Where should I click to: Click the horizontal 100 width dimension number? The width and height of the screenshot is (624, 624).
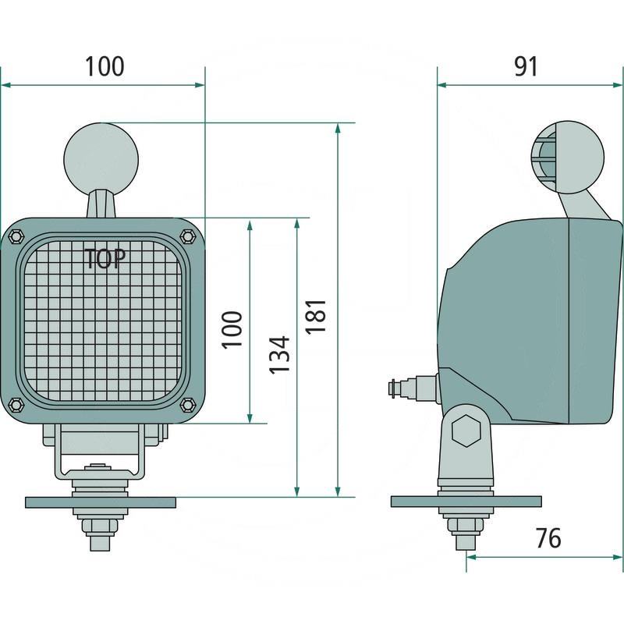[x=105, y=66]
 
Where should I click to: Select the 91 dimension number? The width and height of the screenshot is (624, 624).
[x=526, y=66]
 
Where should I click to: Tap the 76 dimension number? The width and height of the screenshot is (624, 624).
[x=548, y=538]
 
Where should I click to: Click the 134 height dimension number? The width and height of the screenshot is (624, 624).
[x=279, y=354]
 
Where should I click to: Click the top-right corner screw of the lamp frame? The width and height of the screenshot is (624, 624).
[x=187, y=235]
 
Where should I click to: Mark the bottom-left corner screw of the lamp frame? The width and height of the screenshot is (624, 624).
[x=16, y=404]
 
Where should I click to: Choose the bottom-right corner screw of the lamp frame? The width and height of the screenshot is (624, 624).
[x=187, y=404]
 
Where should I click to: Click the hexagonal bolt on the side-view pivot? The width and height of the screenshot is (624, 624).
[x=466, y=431]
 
